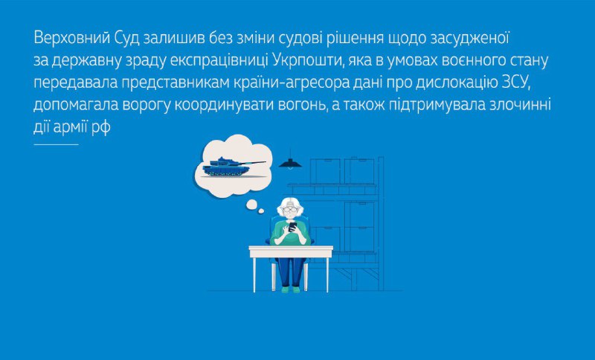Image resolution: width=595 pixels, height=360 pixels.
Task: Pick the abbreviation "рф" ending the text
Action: coord(101,128)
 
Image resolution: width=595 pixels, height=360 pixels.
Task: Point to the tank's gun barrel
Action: coord(254,163)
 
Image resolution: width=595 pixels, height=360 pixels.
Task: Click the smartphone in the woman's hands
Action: coord(292,226)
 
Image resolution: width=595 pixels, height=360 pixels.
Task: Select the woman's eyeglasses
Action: coord(290,210)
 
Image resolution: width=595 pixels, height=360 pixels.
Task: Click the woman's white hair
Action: coord(290,205)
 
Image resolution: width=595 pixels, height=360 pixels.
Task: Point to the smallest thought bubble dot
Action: coord(261,211)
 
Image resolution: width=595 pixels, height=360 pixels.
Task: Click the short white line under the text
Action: coord(56,144)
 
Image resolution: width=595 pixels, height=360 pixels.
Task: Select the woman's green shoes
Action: coord(291,289)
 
